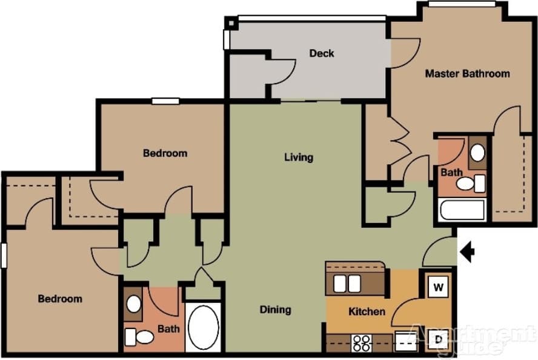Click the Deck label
(x=322, y=53)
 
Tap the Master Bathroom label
(x=467, y=74)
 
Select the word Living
(x=299, y=158)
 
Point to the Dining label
(x=276, y=310)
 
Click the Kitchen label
(x=367, y=312)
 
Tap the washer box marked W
(x=438, y=286)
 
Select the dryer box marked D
(x=438, y=340)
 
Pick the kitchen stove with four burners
(x=362, y=342)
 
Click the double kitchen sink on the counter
(x=347, y=283)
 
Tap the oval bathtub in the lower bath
(x=203, y=327)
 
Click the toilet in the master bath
(x=471, y=183)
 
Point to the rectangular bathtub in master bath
(x=462, y=210)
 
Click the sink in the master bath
(x=477, y=153)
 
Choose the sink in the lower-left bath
(x=133, y=304)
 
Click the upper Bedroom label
(x=165, y=153)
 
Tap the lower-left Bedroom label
(x=60, y=299)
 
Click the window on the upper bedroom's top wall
(x=165, y=101)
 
